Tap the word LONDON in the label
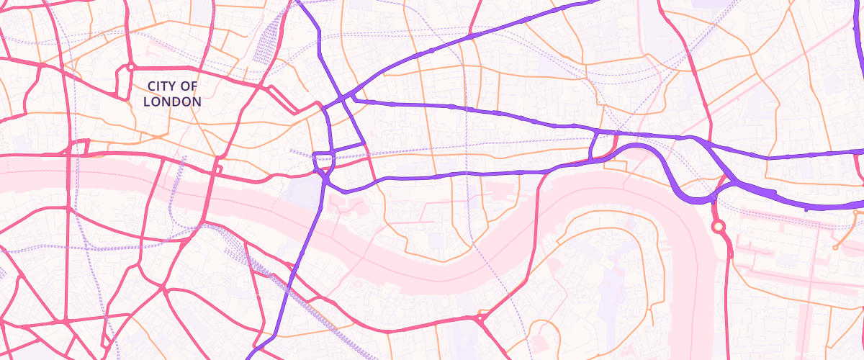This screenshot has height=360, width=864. (172, 102)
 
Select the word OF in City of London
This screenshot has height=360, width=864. (190, 86)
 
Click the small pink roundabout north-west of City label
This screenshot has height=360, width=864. (130, 67)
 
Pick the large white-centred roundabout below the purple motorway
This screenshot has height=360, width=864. (718, 227)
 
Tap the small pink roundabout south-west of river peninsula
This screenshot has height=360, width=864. (480, 317)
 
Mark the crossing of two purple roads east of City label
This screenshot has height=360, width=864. (344, 96)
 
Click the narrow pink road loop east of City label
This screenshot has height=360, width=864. (284, 99)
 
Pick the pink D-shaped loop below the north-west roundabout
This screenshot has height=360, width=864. (120, 85)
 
